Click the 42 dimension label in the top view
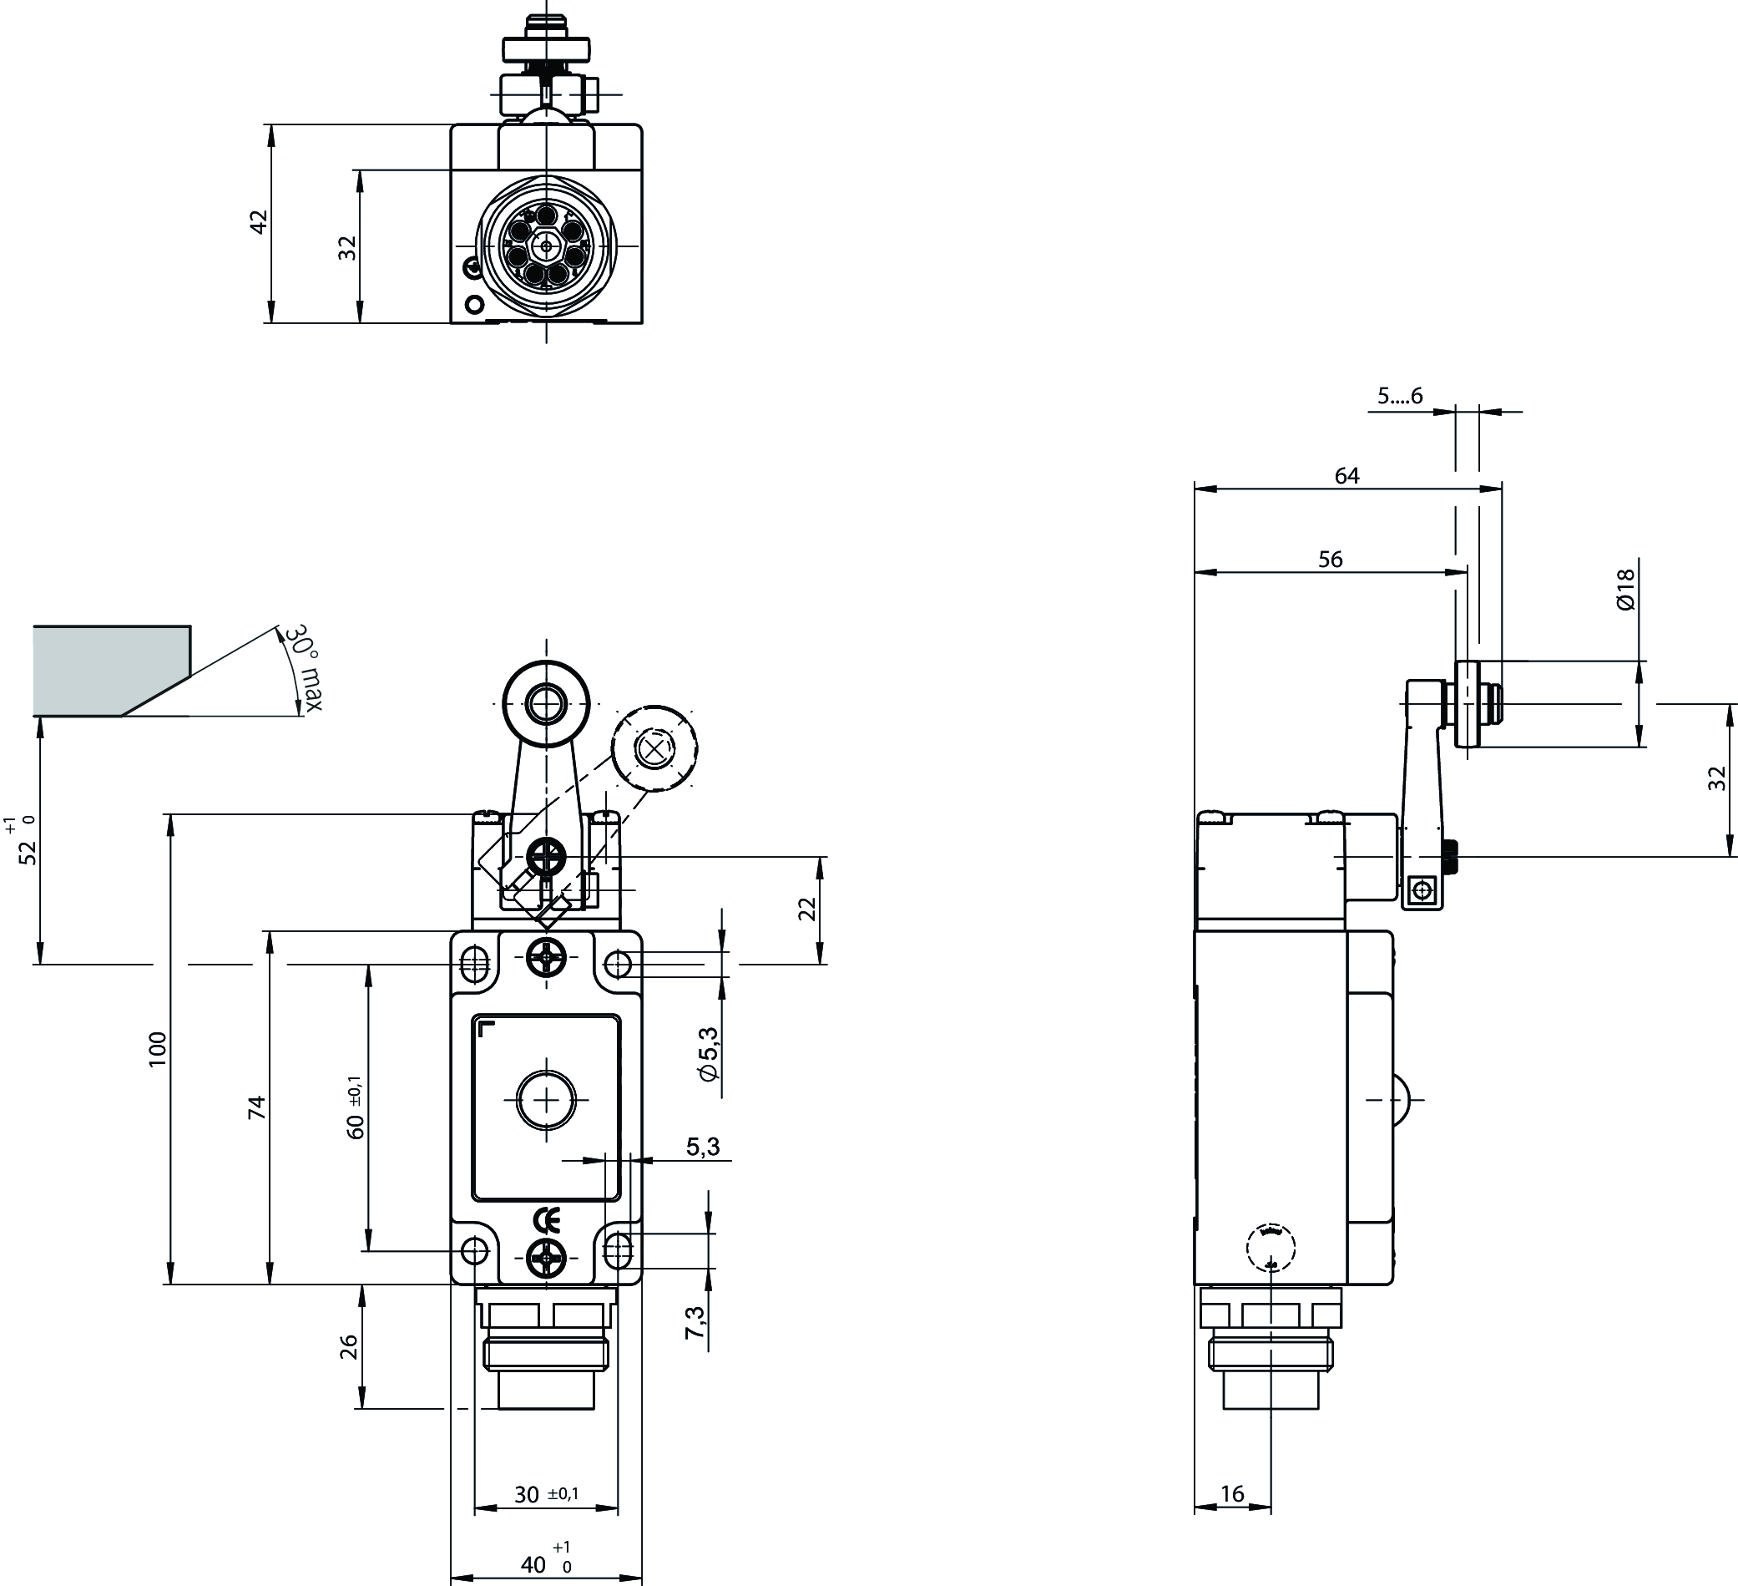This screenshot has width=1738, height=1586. (x=259, y=221)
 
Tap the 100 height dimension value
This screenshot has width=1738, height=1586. (x=157, y=1049)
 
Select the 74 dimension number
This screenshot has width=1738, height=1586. (x=256, y=1107)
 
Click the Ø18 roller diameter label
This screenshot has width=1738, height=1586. (x=1625, y=590)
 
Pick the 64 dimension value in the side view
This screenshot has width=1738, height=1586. (x=1346, y=476)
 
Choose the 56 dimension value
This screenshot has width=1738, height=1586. (x=1331, y=560)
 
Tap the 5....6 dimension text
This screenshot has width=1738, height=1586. (x=1399, y=396)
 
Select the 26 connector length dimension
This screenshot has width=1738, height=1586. (x=348, y=1347)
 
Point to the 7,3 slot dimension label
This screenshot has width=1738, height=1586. (x=695, y=1322)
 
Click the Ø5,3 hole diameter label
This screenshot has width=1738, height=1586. (x=709, y=1054)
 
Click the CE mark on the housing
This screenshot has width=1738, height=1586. (x=547, y=1220)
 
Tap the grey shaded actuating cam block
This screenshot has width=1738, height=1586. (x=108, y=670)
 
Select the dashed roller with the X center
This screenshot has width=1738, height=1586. (x=654, y=747)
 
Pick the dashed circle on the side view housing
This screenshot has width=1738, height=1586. (x=1271, y=1246)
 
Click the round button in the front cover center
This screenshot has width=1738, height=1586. (x=547, y=1100)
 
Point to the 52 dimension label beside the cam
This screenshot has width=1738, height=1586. (x=28, y=851)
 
